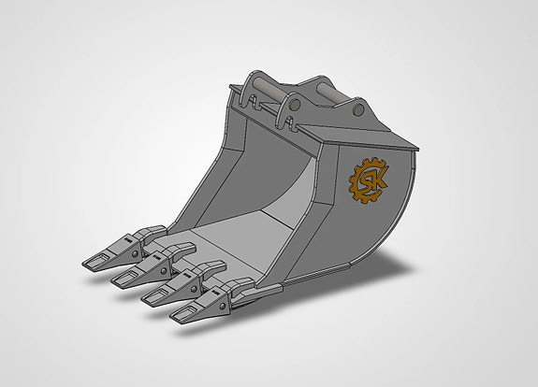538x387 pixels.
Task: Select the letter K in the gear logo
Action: point(377,178)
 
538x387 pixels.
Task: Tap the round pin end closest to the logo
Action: point(358,109)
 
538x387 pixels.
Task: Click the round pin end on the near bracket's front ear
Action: point(295,104)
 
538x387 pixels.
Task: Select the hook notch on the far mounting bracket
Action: point(254,102)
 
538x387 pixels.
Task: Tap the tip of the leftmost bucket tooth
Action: point(83,264)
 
